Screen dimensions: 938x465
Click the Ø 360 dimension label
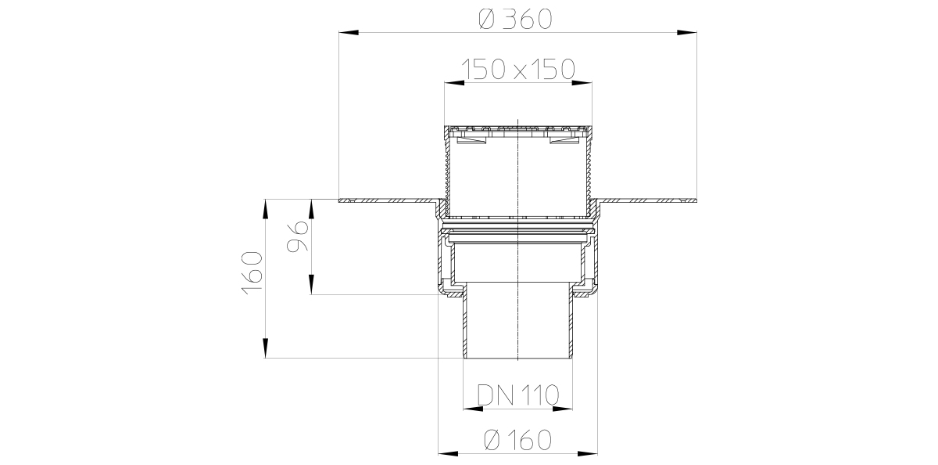click(515, 20)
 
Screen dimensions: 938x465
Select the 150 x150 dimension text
click(518, 69)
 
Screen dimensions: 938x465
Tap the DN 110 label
click(518, 395)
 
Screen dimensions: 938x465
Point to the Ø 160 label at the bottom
click(517, 440)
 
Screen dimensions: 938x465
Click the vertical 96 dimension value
click(298, 236)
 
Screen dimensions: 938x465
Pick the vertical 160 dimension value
click(252, 273)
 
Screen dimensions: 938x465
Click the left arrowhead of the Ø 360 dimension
click(349, 32)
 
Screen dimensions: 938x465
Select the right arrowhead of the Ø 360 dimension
click(687, 32)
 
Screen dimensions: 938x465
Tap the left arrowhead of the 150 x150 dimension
click(454, 83)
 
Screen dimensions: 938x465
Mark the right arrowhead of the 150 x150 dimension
click(582, 83)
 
